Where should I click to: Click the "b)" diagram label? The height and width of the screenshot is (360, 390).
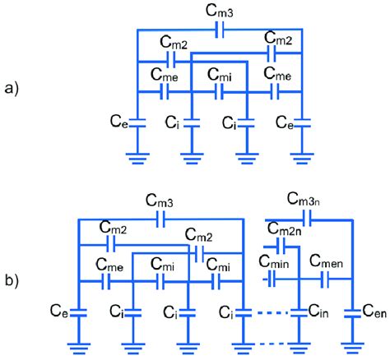(14, 284)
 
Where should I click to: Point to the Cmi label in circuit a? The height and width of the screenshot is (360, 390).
(219, 76)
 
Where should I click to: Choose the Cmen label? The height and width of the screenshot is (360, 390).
(327, 261)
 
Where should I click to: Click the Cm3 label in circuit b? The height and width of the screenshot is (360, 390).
(159, 200)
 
